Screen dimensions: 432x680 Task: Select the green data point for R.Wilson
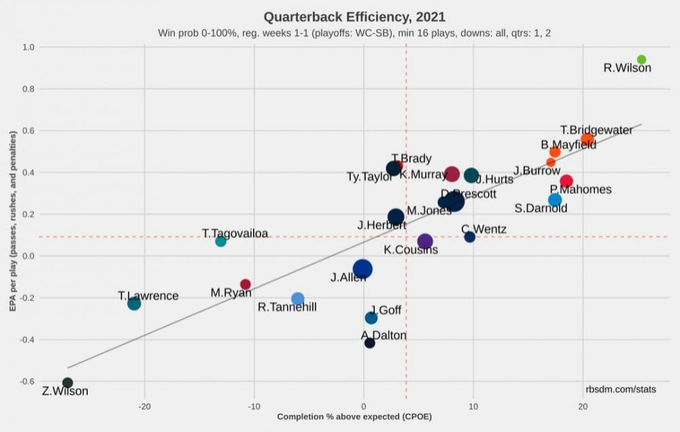pos(641,60)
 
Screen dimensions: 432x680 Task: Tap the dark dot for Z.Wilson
pos(67,383)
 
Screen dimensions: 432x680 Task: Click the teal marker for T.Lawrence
pos(134,303)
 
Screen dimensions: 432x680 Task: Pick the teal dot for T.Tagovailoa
pos(220,242)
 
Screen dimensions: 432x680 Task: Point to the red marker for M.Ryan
pos(245,284)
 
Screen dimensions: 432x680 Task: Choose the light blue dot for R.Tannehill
pos(297,299)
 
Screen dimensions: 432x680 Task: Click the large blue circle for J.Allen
pos(362,269)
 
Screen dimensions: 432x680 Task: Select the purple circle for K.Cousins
pos(425,242)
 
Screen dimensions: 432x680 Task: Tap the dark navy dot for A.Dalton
pos(369,343)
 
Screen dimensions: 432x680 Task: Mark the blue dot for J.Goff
pos(371,318)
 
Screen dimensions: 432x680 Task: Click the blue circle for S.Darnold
pos(555,200)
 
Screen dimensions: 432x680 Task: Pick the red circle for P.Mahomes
pos(566,181)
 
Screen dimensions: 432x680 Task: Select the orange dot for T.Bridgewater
pos(587,140)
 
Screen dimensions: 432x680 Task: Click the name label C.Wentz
pos(483,229)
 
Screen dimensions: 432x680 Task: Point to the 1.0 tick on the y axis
pos(28,48)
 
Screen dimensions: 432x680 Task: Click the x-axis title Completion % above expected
pos(354,416)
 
